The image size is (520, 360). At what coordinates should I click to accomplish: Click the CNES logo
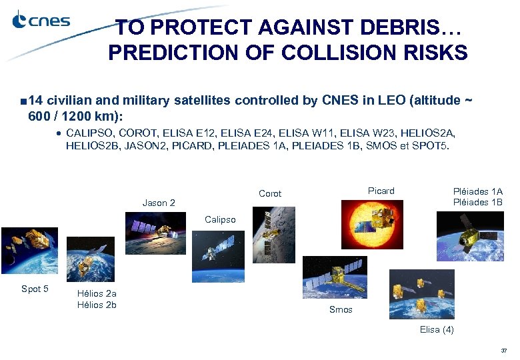41,21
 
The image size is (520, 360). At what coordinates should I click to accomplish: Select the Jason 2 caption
159,203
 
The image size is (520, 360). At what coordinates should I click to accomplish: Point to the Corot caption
270,193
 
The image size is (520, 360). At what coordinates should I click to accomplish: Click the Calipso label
220,219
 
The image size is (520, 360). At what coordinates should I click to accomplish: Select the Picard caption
381,191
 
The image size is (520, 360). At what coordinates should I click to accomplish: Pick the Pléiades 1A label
477,191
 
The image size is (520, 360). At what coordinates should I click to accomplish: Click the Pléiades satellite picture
470,237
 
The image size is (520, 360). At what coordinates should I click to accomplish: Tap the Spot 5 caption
35,289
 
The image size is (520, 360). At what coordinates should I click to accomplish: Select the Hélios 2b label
97,305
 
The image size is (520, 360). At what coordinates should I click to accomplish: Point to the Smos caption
341,309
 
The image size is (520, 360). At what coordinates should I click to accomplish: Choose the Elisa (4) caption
437,330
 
